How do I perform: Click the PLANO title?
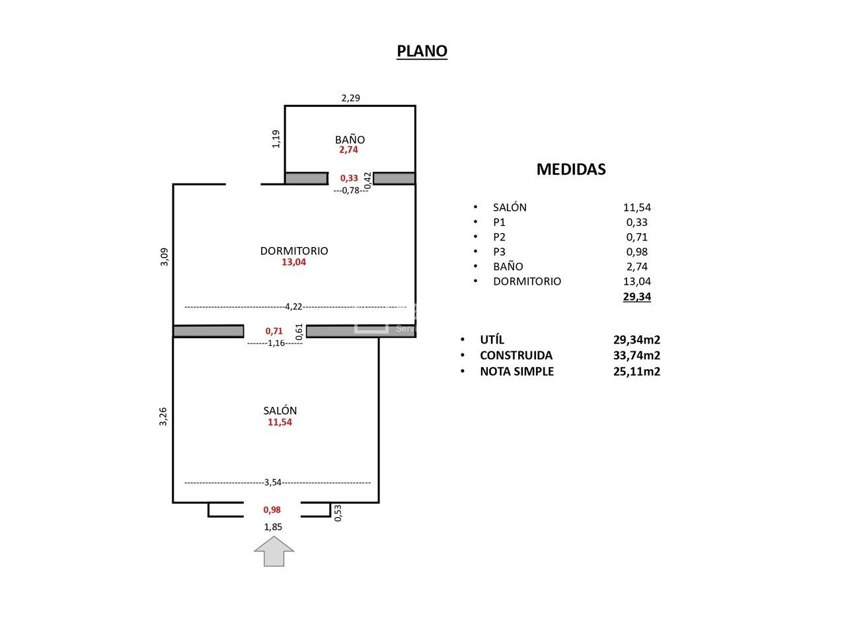click(422, 52)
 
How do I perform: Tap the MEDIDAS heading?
click(571, 169)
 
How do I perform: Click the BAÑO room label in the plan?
click(350, 139)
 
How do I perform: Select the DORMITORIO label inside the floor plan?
click(294, 251)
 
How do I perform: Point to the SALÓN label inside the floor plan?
click(280, 410)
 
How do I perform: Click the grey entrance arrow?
click(274, 551)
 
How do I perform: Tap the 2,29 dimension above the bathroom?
click(350, 98)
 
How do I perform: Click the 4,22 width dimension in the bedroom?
click(293, 306)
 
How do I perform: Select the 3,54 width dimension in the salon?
click(273, 482)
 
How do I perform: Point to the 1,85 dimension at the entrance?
click(273, 526)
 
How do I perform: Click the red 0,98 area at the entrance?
click(272, 510)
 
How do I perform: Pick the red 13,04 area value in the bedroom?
click(293, 262)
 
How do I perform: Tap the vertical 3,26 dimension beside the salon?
click(163, 417)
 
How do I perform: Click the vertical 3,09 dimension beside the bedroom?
click(165, 257)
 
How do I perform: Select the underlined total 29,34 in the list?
click(636, 297)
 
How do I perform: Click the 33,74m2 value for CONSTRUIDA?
click(636, 355)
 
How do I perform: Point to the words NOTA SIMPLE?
click(517, 371)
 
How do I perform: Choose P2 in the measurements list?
click(499, 237)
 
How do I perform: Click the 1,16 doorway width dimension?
click(276, 343)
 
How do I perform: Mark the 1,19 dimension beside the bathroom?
click(276, 139)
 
